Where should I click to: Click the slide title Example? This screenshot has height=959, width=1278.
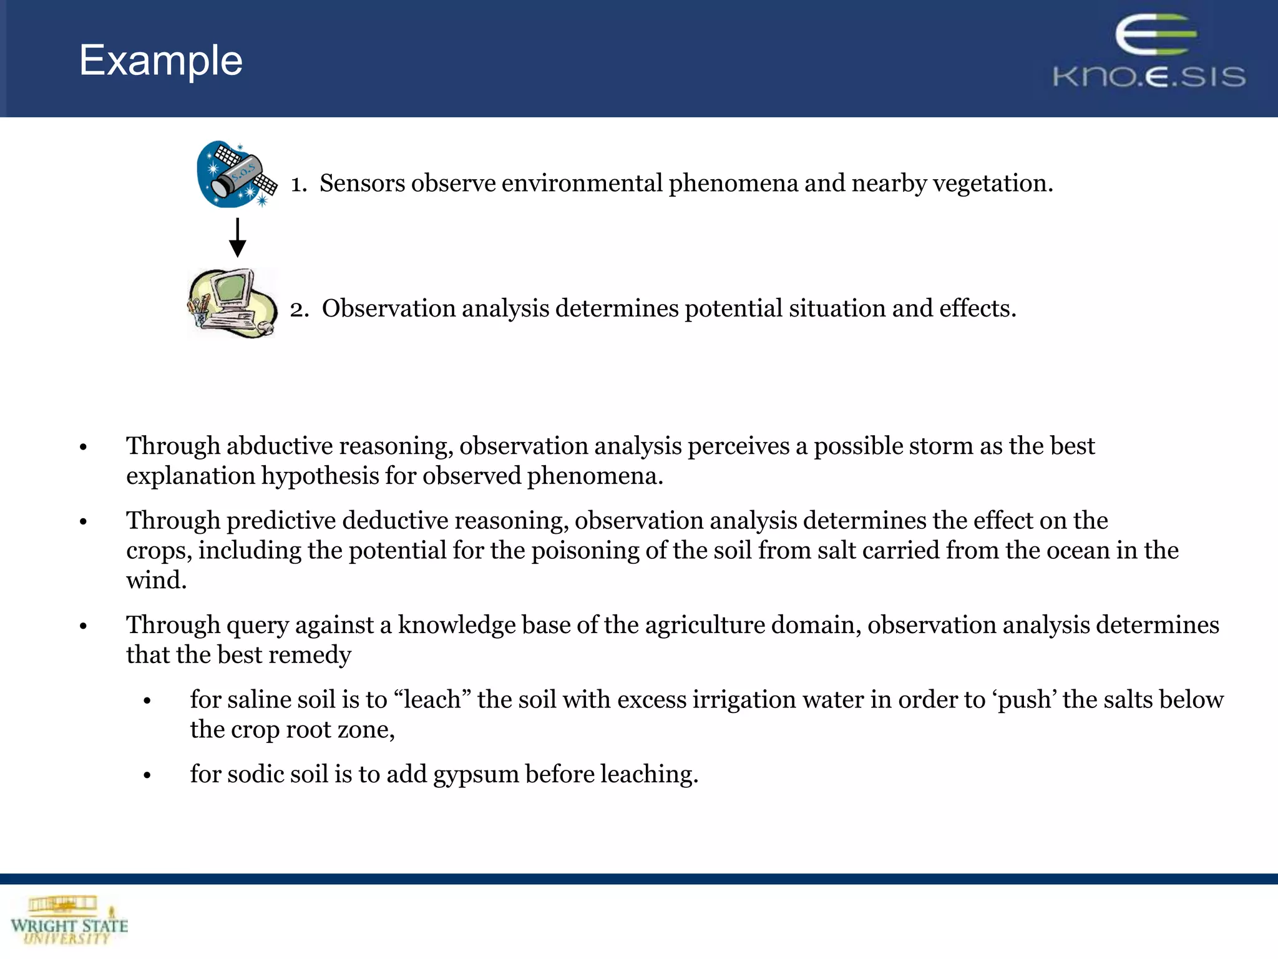pyautogui.click(x=160, y=61)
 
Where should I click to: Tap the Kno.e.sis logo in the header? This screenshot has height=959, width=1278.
pyautogui.click(x=1149, y=52)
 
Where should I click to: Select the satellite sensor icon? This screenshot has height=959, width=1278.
pyautogui.click(x=237, y=174)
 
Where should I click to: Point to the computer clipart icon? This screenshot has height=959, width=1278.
pyautogui.click(x=233, y=303)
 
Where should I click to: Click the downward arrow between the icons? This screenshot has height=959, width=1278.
pyautogui.click(x=237, y=238)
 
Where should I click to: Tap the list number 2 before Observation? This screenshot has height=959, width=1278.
pyautogui.click(x=299, y=308)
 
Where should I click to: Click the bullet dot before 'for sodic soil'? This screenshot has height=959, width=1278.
pyautogui.click(x=147, y=776)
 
